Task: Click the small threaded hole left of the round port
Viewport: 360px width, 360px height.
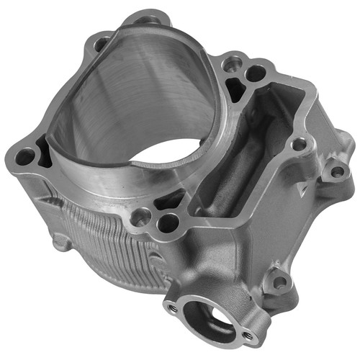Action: coord(173,307)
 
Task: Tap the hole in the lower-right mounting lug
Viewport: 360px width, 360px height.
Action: coord(279,282)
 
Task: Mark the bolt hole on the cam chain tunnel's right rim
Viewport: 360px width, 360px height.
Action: coord(298,144)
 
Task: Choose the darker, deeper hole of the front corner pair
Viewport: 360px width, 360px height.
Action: coord(168,224)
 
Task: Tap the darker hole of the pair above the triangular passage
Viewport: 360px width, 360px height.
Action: coord(254,73)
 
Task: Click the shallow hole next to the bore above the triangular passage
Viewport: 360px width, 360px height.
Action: coord(230,66)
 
